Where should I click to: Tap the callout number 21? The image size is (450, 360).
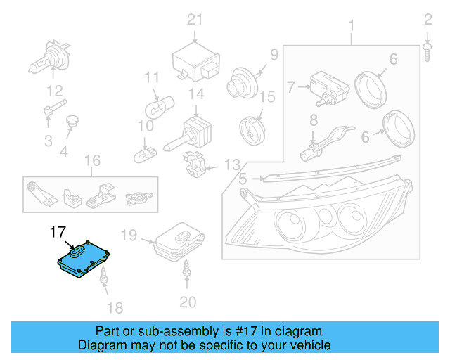pos(194,20)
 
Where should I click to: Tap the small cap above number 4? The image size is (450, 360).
pos(71,124)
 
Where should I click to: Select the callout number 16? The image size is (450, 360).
pos(92,161)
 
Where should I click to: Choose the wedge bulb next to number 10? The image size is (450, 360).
pos(148,149)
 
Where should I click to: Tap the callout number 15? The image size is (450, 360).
pos(266,96)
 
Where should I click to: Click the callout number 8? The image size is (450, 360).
pos(314,121)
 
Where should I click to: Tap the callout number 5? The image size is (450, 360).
pos(242,179)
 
